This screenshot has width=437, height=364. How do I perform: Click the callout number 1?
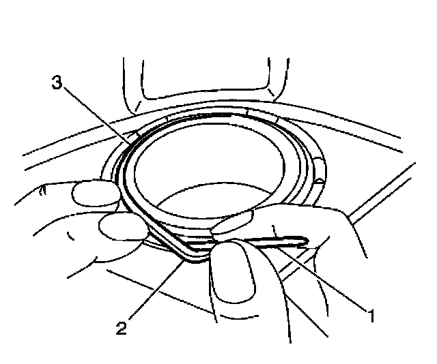(x=370, y=315)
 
